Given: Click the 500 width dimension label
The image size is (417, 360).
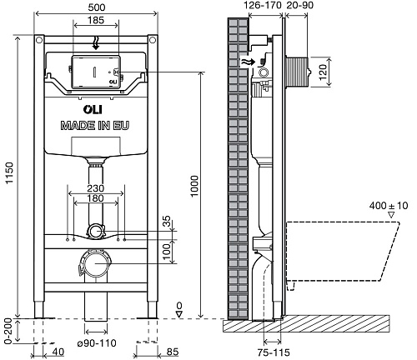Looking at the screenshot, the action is tap(97, 7).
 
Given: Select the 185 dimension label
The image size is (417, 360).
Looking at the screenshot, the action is tap(96, 20).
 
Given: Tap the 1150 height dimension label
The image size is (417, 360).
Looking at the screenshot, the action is tap(9, 172).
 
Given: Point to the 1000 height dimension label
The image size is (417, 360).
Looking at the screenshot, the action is tap(194, 186).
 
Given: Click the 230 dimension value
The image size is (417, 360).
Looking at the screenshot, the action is tap(96, 188).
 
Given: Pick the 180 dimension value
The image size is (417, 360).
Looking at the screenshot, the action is tap(96, 198).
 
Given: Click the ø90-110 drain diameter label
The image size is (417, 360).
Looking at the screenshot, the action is tap(97, 343).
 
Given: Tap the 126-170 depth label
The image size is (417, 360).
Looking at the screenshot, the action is tap(263, 5).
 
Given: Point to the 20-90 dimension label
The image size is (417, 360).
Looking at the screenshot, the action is tap(299, 5).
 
